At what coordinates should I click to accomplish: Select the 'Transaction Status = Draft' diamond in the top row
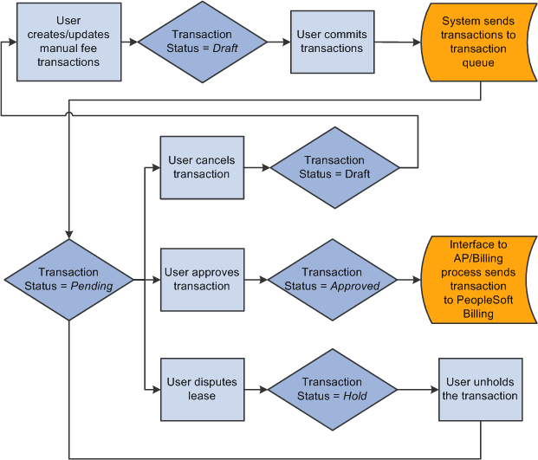tap(203, 42)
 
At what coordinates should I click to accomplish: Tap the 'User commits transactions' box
tap(332, 42)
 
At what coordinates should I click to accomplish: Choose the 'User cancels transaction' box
tap(201, 167)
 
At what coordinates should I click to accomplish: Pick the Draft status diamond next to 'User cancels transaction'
tap(334, 167)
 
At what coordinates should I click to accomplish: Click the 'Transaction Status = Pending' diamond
tap(69, 280)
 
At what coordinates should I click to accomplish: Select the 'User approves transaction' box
tap(201, 280)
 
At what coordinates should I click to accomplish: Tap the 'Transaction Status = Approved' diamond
tap(332, 280)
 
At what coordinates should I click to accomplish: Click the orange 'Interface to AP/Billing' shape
tap(478, 279)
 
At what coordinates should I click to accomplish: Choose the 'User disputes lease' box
tap(201, 389)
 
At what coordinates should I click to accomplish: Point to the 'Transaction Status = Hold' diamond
tap(332, 389)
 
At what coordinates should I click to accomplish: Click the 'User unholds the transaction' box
tap(482, 389)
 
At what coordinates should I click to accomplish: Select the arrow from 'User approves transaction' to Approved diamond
tap(255, 280)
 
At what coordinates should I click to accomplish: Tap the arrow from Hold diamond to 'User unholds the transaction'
tap(418, 389)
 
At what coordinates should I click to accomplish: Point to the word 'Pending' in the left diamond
tap(91, 287)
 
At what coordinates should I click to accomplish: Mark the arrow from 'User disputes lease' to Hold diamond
tap(255, 389)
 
